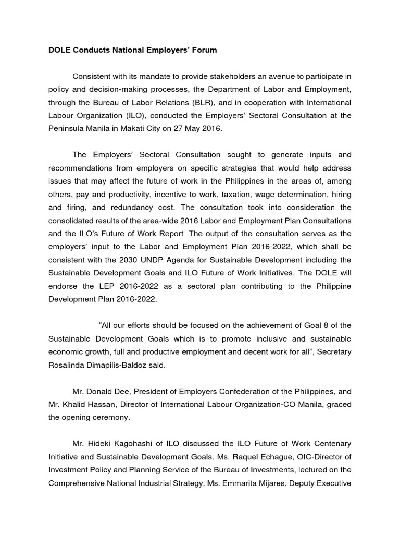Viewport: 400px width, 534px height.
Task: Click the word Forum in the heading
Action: pyautogui.click(x=203, y=51)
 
